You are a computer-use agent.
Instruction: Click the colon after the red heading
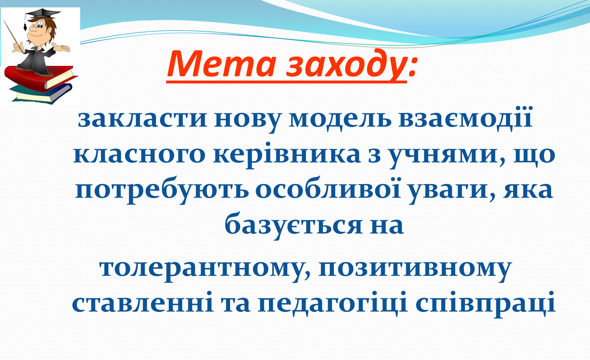click(x=412, y=67)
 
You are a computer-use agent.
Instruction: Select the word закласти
click(x=142, y=120)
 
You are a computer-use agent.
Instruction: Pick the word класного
click(x=139, y=156)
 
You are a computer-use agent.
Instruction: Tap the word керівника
click(x=287, y=155)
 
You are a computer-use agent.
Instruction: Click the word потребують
click(x=162, y=191)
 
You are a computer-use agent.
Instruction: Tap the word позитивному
click(x=415, y=271)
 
